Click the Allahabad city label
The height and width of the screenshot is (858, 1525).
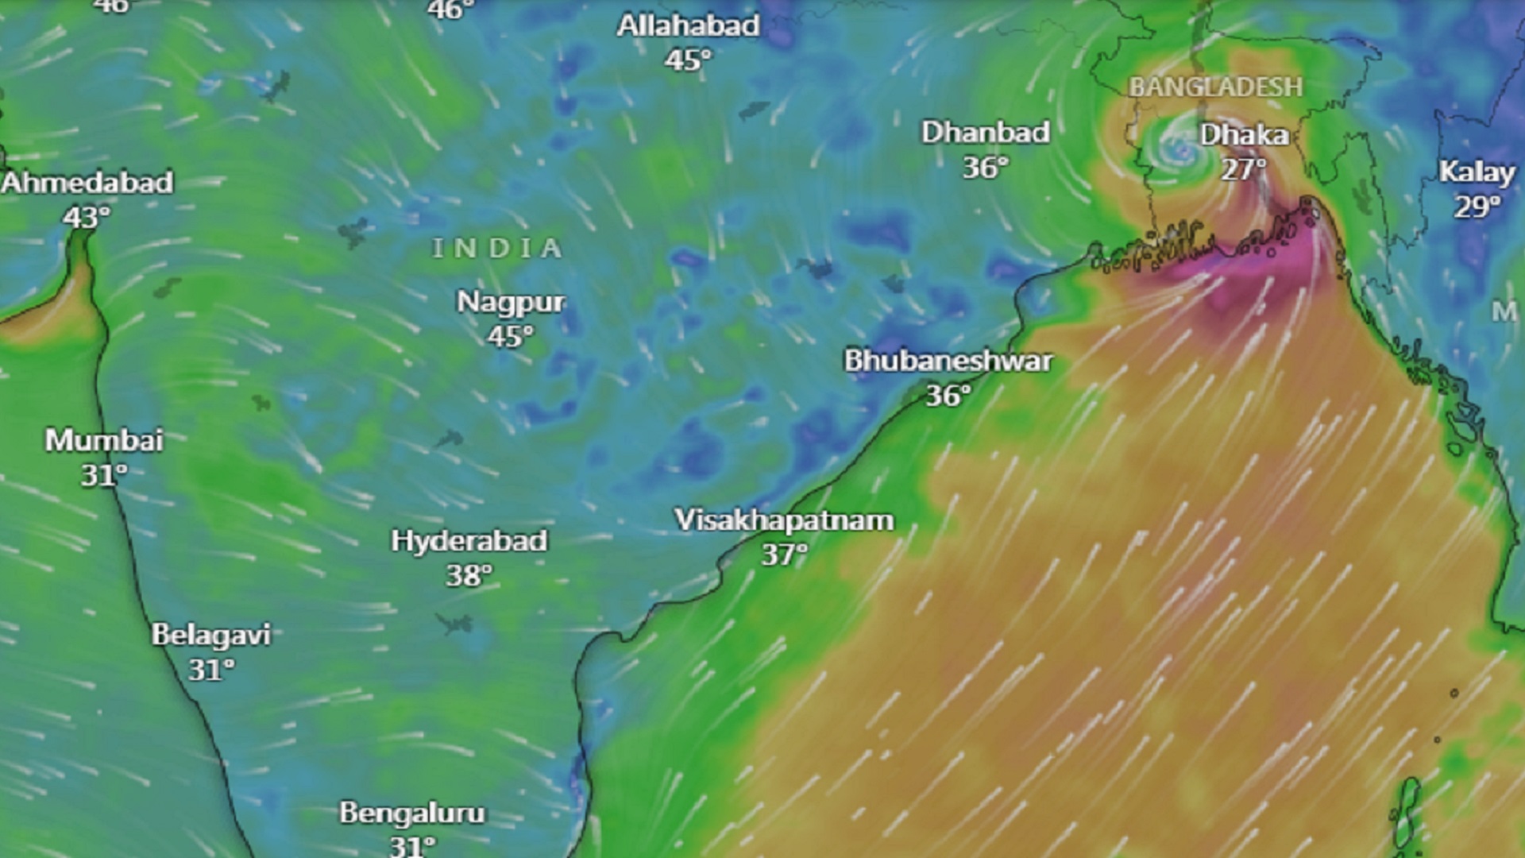coord(689,25)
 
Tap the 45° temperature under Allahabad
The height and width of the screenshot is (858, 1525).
coord(688,60)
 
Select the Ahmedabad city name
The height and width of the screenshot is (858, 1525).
coord(87,183)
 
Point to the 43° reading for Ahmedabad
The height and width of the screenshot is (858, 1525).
coord(86,217)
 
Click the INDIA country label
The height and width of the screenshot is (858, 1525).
coord(497,249)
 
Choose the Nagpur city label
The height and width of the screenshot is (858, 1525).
coord(511,302)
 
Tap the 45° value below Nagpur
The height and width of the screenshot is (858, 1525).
coord(510,337)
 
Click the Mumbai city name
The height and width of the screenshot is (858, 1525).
coord(104,440)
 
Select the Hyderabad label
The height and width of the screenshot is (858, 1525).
coord(469,541)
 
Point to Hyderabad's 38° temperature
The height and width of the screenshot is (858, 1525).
coord(469,575)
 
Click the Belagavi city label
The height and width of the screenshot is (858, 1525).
coord(211,635)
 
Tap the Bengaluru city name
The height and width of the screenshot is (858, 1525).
coord(412,813)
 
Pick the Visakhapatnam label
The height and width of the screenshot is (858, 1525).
coord(784,520)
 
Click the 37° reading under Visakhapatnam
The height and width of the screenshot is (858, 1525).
coord(784,555)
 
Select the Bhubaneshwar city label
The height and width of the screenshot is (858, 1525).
coord(948,361)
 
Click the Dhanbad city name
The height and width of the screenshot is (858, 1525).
coord(986,132)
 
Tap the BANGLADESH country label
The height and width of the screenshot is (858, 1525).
coord(1216,87)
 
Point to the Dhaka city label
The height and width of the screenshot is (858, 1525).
coord(1244,135)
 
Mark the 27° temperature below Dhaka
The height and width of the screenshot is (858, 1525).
coord(1243,169)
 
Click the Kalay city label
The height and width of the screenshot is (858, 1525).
coord(1477,172)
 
